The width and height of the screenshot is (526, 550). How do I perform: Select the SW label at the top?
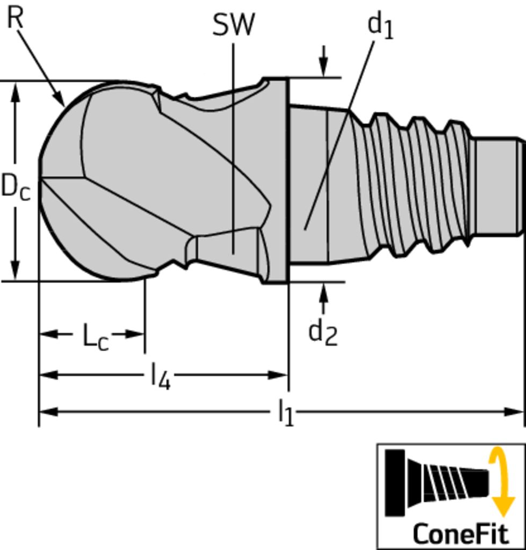233,25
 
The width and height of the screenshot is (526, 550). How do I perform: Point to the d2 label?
322,332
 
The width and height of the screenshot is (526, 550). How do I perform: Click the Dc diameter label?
16,186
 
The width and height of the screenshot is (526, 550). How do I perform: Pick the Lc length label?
96,337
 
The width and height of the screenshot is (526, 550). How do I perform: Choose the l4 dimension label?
160,376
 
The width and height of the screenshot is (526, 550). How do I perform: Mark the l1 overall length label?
286,412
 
